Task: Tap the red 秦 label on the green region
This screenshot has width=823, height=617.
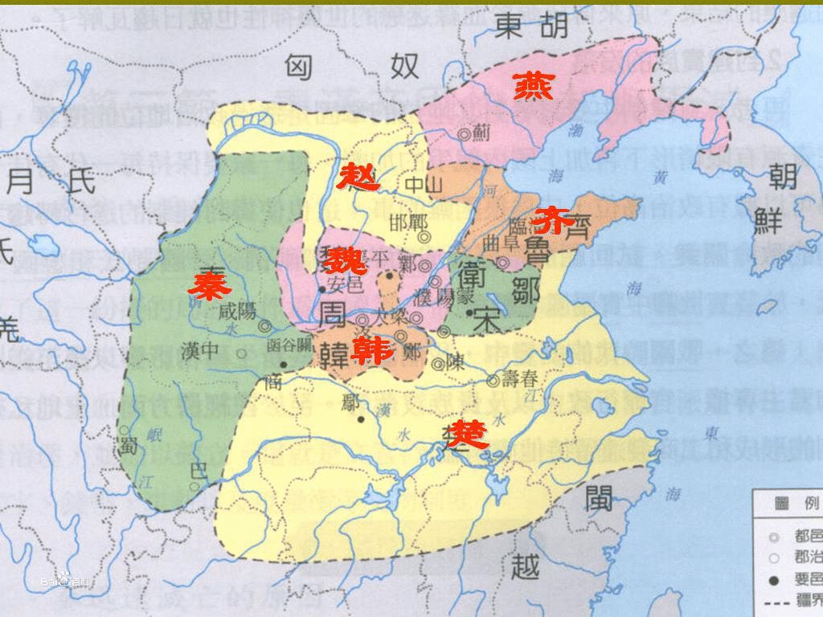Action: click(x=205, y=284)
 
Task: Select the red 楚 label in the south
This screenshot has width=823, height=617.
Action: click(x=469, y=434)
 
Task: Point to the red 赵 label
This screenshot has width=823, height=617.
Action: click(x=358, y=176)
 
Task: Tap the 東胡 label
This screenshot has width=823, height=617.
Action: click(x=531, y=27)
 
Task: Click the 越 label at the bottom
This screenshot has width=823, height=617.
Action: click(x=528, y=569)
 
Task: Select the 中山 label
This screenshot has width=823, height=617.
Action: click(x=424, y=185)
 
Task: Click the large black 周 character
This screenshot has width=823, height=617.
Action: click(x=336, y=313)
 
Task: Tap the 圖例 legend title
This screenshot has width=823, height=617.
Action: click(x=789, y=505)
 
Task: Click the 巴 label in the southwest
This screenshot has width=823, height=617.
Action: click(x=194, y=469)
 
